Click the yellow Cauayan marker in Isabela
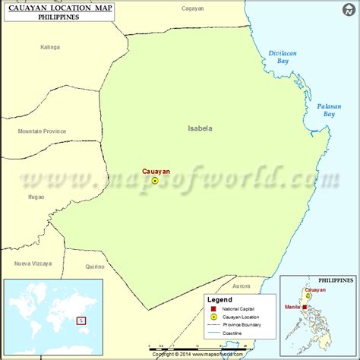pyautogui.click(x=155, y=182)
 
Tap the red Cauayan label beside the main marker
pyautogui.click(x=155, y=172)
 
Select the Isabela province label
pyautogui.click(x=200, y=129)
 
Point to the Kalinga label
pyautogui.click(x=49, y=47)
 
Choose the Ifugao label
pyautogui.click(x=35, y=197)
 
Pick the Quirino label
pyautogui.click(x=95, y=267)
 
